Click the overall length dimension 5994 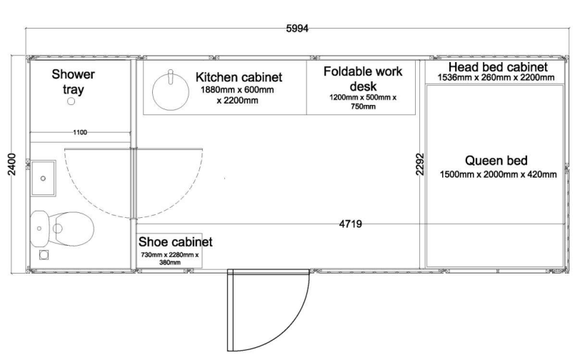(x=297, y=29)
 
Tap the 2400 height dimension (x=12, y=164)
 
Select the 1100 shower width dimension (x=80, y=132)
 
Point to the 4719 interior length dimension (x=350, y=224)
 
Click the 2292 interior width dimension (x=420, y=164)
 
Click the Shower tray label (x=74, y=81)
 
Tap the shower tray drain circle (x=71, y=101)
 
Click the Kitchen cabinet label (x=239, y=77)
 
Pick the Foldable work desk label (x=363, y=79)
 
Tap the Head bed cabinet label (x=498, y=67)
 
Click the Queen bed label (x=496, y=161)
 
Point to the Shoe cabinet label (x=175, y=242)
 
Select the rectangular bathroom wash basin (x=44, y=178)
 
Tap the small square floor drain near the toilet (x=44, y=255)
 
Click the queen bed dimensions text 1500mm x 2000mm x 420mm (x=498, y=174)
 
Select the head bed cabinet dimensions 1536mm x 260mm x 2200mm (x=496, y=78)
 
